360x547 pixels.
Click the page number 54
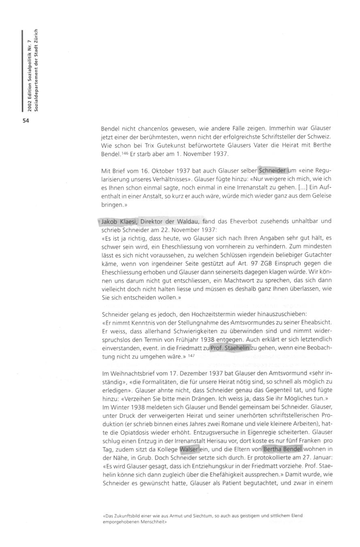[26, 120]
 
